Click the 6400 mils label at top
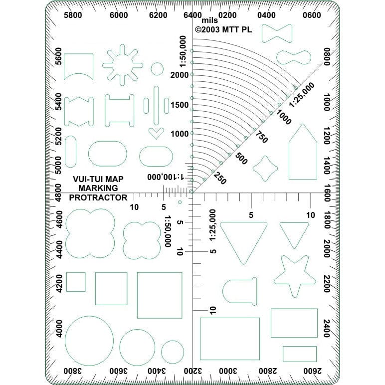point(192,15)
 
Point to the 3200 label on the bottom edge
point(192,371)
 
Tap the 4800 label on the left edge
point(58,192)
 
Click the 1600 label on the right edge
point(327,192)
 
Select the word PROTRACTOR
point(98,197)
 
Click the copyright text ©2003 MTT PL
point(223,30)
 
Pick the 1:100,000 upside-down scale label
point(166,177)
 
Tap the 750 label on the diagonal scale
point(261,137)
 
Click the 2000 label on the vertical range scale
point(180,75)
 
